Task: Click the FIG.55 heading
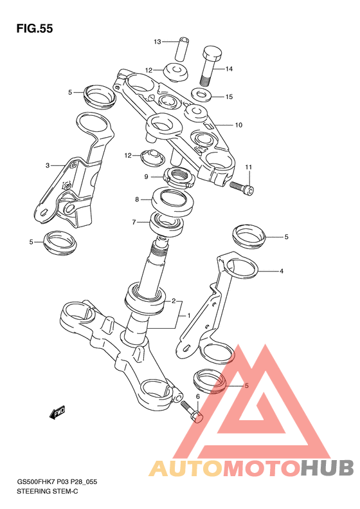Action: pos(35,29)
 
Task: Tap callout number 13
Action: pos(157,42)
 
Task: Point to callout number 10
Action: pos(239,125)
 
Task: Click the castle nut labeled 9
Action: pos(179,177)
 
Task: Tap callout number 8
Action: pos(137,199)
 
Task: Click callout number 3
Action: pos(48,165)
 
